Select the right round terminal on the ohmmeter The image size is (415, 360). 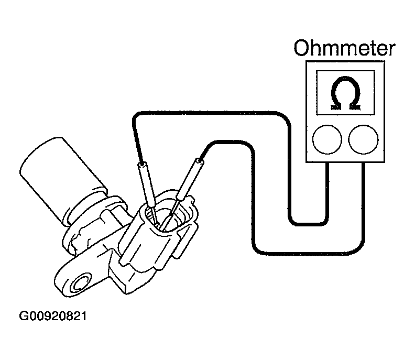click(x=363, y=139)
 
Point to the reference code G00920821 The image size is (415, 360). click(x=52, y=317)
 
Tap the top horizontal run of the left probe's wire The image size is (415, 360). click(x=210, y=113)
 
